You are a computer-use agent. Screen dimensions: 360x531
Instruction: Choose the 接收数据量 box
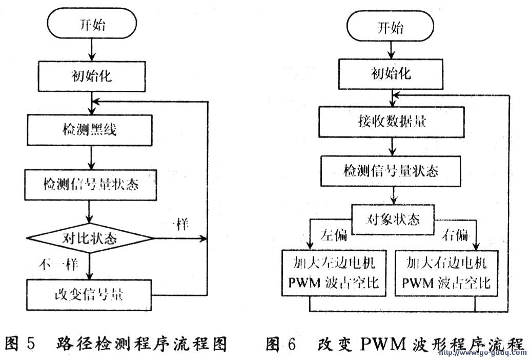pyautogui.click(x=391, y=122)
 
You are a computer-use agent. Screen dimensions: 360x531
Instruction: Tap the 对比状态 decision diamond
pyautogui.click(x=90, y=238)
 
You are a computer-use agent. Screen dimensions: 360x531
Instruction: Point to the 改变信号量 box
pyautogui.click(x=90, y=294)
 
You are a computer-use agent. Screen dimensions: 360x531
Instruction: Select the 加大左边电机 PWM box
pyautogui.click(x=340, y=274)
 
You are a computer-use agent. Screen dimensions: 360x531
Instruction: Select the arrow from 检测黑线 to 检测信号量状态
pyautogui.click(x=91, y=157)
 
